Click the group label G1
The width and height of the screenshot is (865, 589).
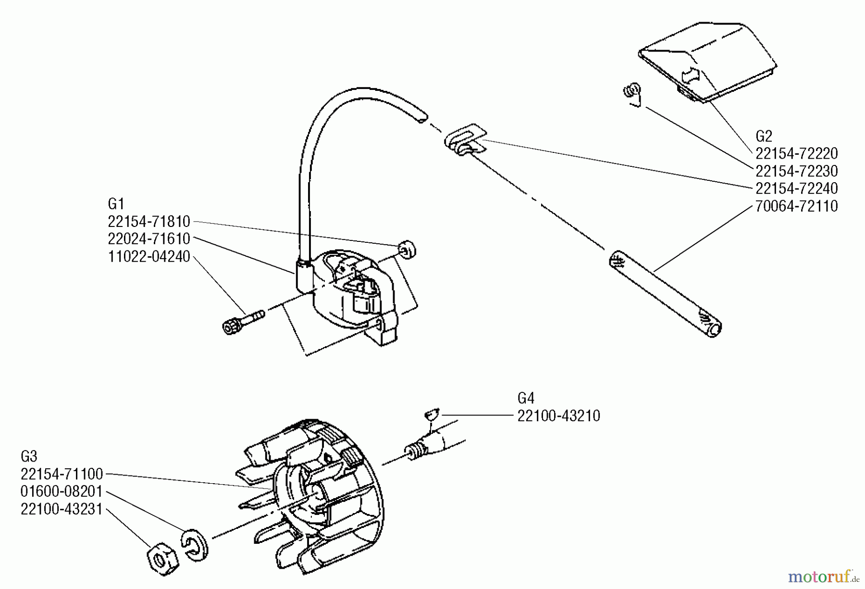pyautogui.click(x=116, y=204)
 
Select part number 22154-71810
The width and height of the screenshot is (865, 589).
pyautogui.click(x=149, y=222)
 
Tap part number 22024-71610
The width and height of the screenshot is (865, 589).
pyautogui.click(x=149, y=238)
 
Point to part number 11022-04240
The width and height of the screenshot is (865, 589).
pyautogui.click(x=149, y=256)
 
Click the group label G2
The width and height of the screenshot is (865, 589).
pyautogui.click(x=764, y=136)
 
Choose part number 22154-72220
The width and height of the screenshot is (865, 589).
pyautogui.click(x=796, y=154)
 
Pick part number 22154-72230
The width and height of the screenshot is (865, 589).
pyautogui.click(x=796, y=171)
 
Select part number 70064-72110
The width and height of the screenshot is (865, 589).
pyautogui.click(x=796, y=206)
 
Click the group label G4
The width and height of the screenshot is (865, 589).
pyautogui.click(x=526, y=398)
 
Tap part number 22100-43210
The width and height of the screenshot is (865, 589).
pyautogui.click(x=558, y=416)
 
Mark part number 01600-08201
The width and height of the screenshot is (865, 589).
pyautogui.click(x=62, y=491)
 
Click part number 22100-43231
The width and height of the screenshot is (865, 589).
pyautogui.click(x=62, y=509)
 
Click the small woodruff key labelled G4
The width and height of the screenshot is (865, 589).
pyautogui.click(x=432, y=414)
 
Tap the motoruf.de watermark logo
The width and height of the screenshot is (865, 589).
pyautogui.click(x=823, y=575)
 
